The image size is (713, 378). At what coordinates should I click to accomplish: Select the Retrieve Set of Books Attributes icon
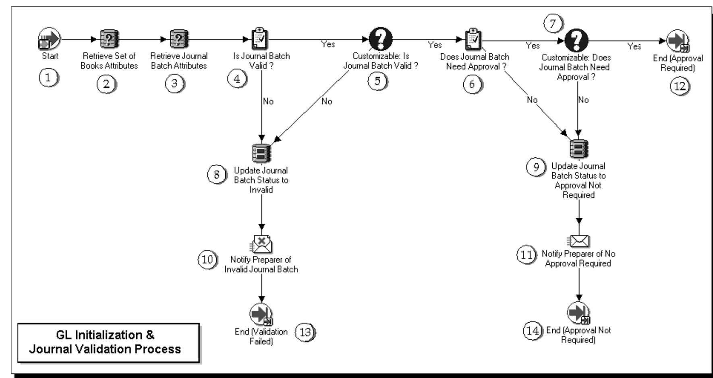click(x=109, y=40)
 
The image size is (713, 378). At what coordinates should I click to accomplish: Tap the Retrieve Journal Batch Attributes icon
click(x=178, y=40)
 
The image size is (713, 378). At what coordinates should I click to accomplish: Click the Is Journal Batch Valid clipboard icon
click(x=260, y=40)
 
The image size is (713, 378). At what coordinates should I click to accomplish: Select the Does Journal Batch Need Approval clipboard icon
click(x=474, y=40)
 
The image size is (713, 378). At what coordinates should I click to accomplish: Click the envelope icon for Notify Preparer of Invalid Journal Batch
click(x=261, y=243)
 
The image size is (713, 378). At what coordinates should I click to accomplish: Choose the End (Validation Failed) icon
click(x=261, y=314)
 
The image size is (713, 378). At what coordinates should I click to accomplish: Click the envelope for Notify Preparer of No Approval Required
click(x=579, y=241)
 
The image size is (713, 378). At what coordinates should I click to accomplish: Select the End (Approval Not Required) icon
click(x=578, y=313)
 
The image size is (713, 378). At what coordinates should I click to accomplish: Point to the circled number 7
click(x=553, y=24)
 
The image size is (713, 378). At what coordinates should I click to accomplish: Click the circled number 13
click(x=306, y=332)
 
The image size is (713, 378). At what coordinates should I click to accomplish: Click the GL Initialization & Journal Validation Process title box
click(x=108, y=342)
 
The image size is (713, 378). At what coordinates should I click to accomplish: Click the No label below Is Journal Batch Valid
click(x=268, y=101)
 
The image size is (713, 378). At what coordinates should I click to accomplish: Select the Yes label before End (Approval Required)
click(x=634, y=46)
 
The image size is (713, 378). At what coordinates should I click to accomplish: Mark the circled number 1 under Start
click(x=49, y=77)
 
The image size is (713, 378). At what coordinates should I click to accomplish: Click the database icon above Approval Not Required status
click(x=579, y=148)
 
